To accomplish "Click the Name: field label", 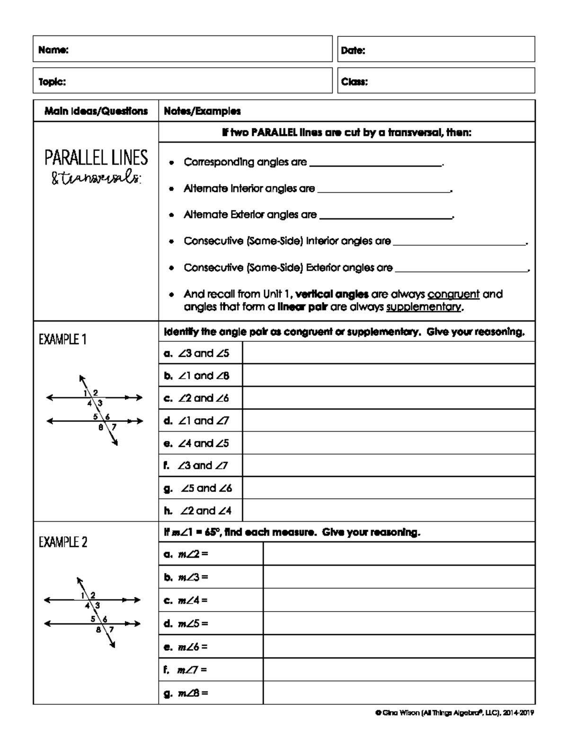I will (x=53, y=50).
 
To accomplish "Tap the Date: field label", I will (x=353, y=51).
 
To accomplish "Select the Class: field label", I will (x=355, y=82).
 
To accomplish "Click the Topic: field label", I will (x=52, y=82).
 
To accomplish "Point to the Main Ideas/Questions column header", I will (x=96, y=112).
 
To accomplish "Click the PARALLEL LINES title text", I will (x=96, y=157).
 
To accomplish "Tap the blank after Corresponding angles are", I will (x=375, y=163).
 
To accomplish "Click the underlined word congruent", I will (x=453, y=294).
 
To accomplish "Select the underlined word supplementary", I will (x=424, y=307).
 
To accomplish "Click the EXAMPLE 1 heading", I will (x=62, y=339).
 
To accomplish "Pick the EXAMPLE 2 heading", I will (x=63, y=542).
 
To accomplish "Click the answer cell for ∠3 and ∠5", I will (x=388, y=353).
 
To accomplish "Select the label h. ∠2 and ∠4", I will (x=198, y=510).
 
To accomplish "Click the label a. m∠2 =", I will (x=186, y=554).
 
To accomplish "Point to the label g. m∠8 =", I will (x=186, y=693).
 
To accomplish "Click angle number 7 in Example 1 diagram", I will (x=114, y=426).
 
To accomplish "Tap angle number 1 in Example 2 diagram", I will (x=83, y=595).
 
